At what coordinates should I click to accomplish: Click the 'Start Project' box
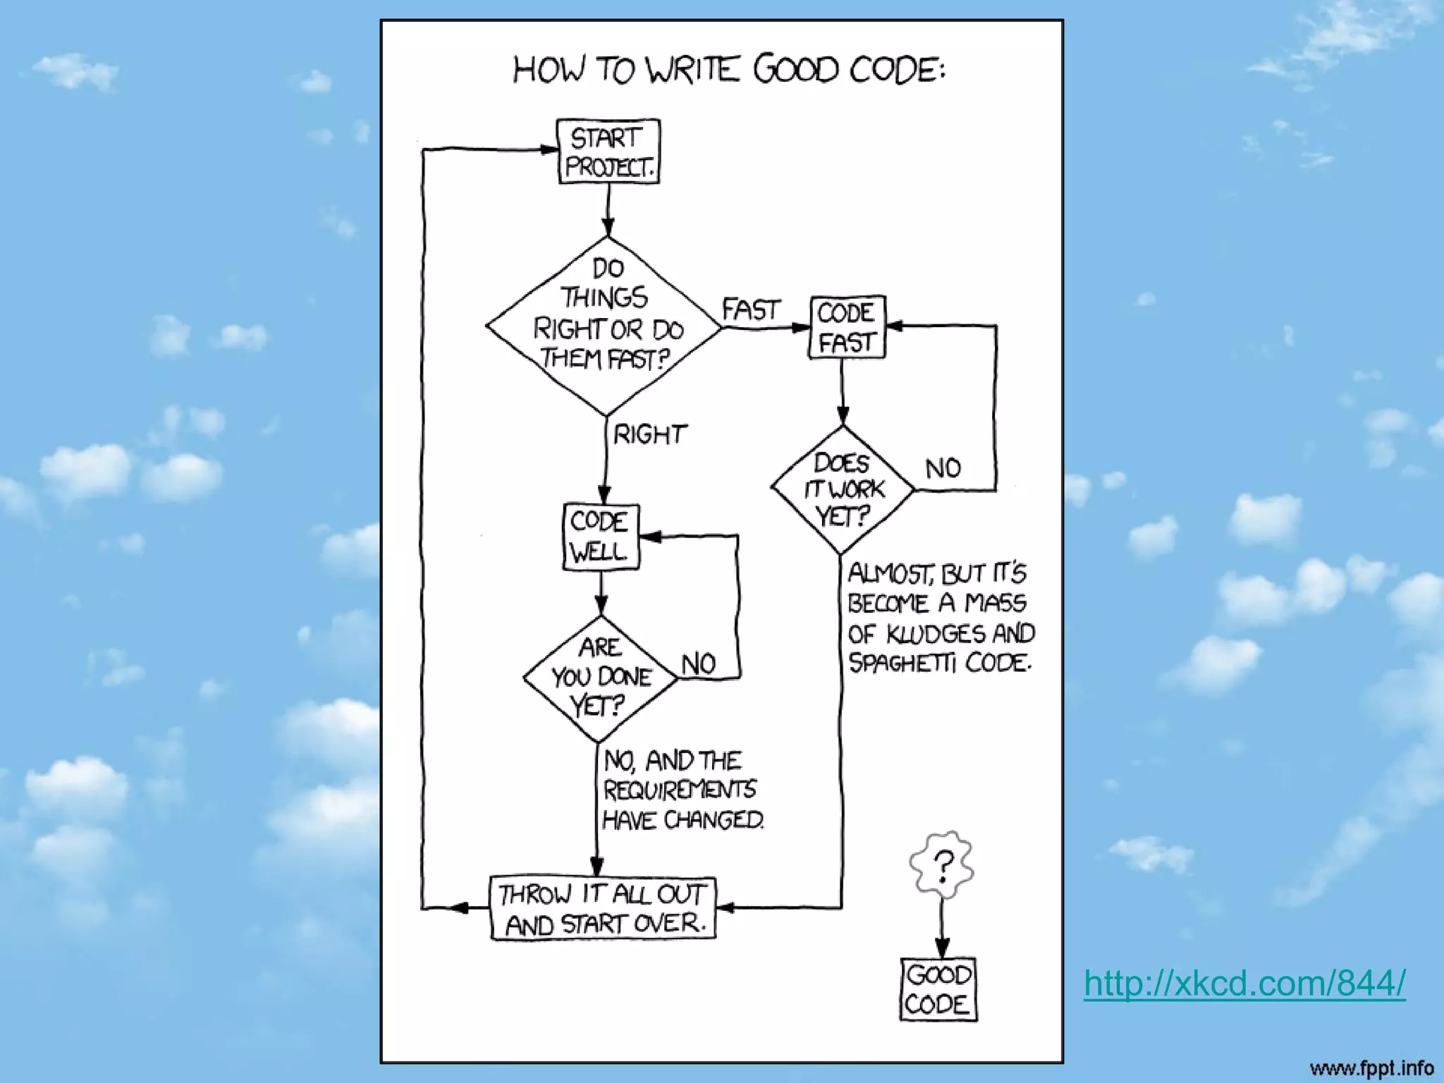[608, 152]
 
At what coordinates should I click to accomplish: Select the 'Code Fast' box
[846, 328]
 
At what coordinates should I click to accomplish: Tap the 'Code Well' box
[601, 537]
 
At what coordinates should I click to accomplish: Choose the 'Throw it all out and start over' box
[603, 909]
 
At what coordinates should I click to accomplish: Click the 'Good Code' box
[938, 989]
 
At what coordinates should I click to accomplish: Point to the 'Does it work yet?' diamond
[843, 489]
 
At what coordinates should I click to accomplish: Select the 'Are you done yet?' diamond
[600, 678]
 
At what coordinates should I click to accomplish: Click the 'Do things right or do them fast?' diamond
[604, 326]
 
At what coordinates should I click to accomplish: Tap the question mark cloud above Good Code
[942, 864]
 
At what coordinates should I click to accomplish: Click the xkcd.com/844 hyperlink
[1244, 983]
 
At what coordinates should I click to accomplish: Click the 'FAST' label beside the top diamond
[751, 310]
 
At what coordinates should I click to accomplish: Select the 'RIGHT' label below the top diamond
[649, 434]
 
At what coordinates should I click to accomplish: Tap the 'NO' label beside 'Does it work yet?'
[943, 468]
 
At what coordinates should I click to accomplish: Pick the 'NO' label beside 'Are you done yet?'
[699, 664]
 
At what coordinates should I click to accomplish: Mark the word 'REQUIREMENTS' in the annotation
[680, 790]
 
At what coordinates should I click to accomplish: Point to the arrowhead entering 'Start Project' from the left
[549, 149]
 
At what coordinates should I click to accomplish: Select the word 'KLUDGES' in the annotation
[933, 634]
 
